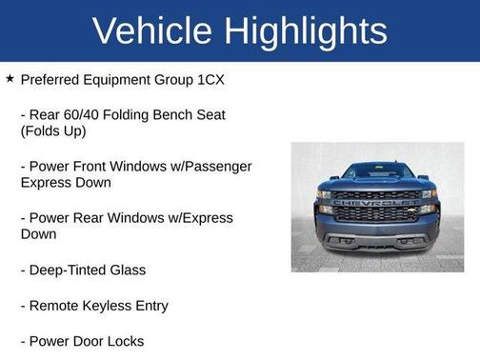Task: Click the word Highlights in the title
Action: pos(308,31)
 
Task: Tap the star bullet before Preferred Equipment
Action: pos(10,79)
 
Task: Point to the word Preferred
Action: pos(52,80)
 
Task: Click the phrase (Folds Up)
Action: pos(53,131)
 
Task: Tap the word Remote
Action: pos(55,306)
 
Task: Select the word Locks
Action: pos(125,340)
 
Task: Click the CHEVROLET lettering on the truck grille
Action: pos(376,202)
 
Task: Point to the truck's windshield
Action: pos(377,171)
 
